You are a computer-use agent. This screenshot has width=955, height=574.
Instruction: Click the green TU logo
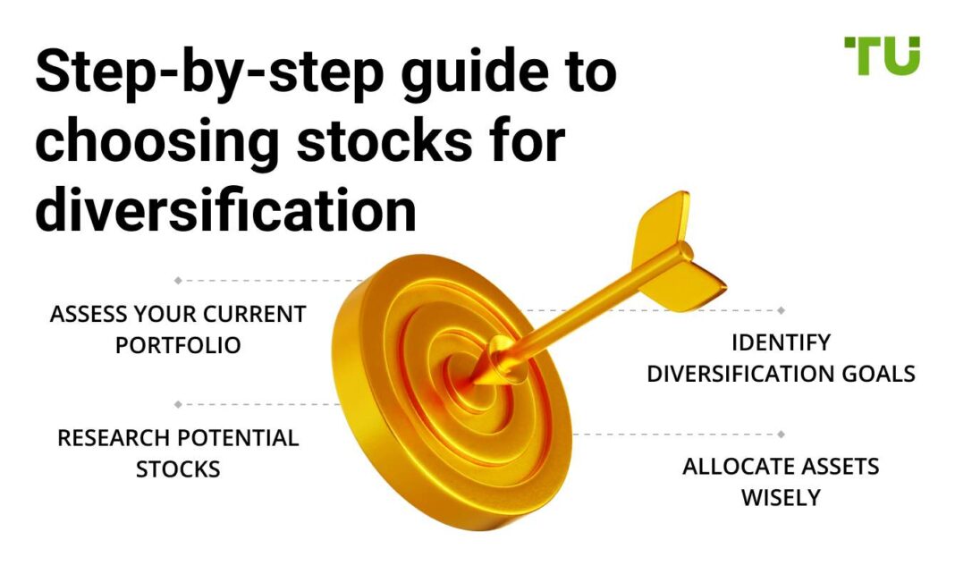pos(881,55)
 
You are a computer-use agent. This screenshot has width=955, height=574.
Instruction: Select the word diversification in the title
pos(225,211)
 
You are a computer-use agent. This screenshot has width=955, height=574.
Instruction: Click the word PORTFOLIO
pos(178,345)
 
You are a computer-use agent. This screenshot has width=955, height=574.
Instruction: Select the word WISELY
pos(781,497)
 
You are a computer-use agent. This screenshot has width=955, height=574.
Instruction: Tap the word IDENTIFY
pos(781,342)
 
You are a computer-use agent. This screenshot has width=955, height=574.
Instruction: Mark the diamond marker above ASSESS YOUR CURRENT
pos(178,281)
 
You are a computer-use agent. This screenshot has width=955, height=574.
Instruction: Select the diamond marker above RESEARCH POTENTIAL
pos(178,404)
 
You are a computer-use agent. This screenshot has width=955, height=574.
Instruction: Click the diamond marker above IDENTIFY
pos(781,310)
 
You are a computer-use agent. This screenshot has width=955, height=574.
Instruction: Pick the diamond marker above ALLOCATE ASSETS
pos(781,435)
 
